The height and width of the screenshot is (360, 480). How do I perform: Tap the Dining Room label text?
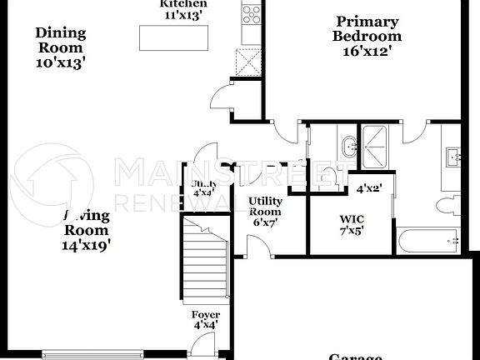pos(60,47)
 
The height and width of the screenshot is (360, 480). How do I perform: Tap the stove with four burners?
pos(251,13)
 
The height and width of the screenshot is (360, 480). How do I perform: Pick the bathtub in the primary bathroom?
pos(427,241)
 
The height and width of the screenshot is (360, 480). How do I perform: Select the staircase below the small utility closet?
pos(205,258)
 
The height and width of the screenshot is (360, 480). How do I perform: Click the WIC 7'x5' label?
pos(351,224)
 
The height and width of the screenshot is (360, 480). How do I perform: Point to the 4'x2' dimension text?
pos(367,188)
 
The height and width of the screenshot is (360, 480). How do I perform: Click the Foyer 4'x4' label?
pos(205,320)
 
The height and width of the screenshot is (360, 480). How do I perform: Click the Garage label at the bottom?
pos(355,356)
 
